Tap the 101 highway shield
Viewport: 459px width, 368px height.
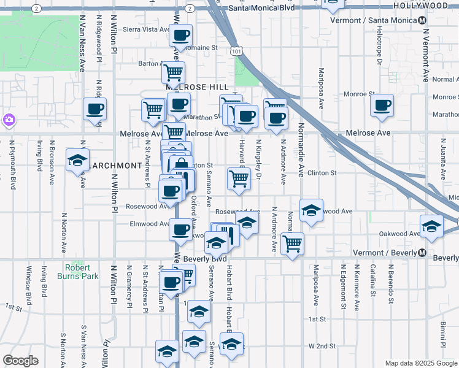click(x=236, y=52)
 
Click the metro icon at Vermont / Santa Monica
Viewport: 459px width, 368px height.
click(x=423, y=21)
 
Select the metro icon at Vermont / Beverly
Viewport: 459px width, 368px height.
click(x=422, y=253)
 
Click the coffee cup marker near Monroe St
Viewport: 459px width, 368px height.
click(x=382, y=105)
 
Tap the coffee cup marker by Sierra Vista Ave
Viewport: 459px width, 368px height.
click(x=180, y=35)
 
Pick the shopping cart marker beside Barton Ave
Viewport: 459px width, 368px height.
click(x=174, y=72)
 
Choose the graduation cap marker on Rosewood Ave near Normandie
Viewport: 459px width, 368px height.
click(x=311, y=210)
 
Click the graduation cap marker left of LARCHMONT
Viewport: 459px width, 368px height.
click(x=78, y=159)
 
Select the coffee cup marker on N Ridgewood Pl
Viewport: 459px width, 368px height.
click(x=95, y=109)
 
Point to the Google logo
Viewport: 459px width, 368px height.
click(x=20, y=361)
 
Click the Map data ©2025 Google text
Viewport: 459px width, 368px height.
click(x=421, y=362)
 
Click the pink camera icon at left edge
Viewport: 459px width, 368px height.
click(x=9, y=119)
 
